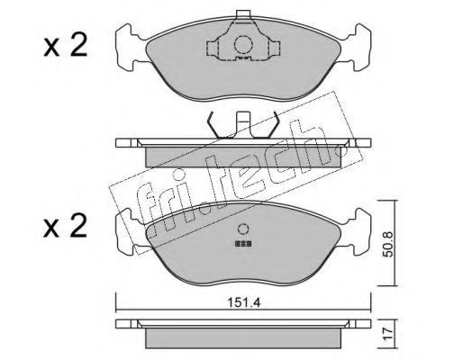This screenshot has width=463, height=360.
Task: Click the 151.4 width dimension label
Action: click(x=243, y=302)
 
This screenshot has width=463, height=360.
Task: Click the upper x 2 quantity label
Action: click(x=65, y=46)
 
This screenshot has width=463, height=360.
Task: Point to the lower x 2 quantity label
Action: click(x=65, y=227)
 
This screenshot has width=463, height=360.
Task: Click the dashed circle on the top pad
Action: click(x=243, y=45)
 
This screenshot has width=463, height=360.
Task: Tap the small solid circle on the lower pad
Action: click(x=243, y=229)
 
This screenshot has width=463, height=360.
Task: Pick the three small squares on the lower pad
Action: click(x=243, y=244)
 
